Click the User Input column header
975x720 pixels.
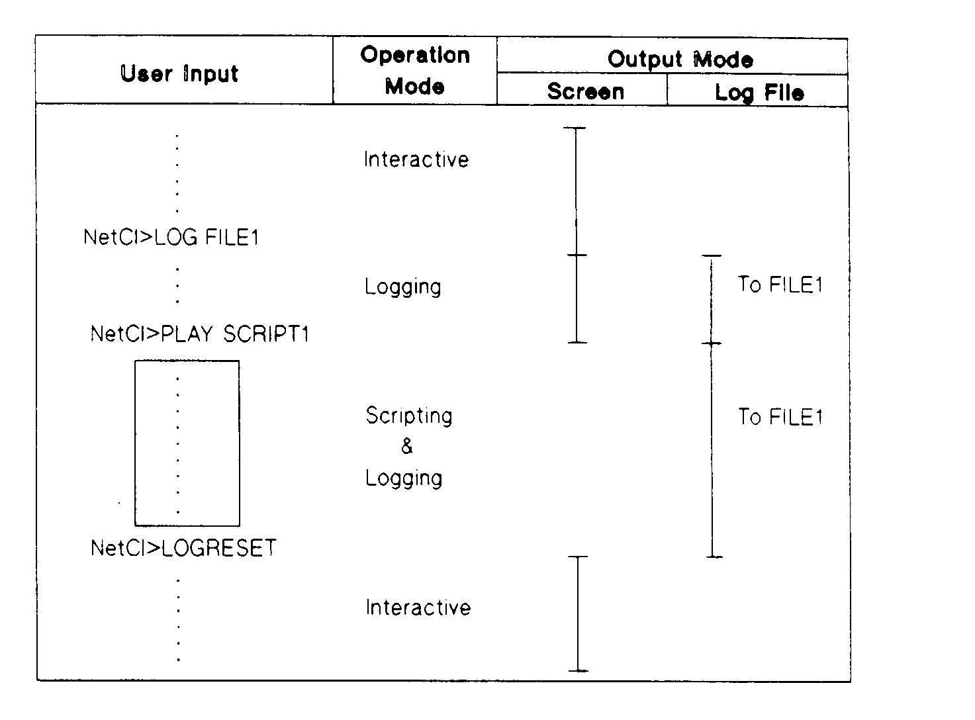point(179,73)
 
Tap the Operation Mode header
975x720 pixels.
point(415,70)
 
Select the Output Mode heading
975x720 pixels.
point(680,59)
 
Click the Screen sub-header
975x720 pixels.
point(585,91)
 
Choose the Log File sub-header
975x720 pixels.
point(759,92)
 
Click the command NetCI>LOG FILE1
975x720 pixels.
point(171,237)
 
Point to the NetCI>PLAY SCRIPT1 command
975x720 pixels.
point(199,334)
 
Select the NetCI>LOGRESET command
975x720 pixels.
point(183,548)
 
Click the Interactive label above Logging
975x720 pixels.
point(416,159)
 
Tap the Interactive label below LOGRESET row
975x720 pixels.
point(418,607)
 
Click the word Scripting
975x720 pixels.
point(409,416)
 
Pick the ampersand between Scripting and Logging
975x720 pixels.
point(407,447)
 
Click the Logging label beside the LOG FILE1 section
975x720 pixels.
point(402,287)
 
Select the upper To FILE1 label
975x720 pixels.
point(780,285)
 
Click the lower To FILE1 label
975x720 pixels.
point(780,417)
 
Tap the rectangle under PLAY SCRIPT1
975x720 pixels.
point(187,443)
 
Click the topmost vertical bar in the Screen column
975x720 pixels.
point(576,191)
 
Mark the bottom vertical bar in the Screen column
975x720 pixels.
point(578,613)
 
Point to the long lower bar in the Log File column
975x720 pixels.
point(713,450)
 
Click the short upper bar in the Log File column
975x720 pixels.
point(712,299)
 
